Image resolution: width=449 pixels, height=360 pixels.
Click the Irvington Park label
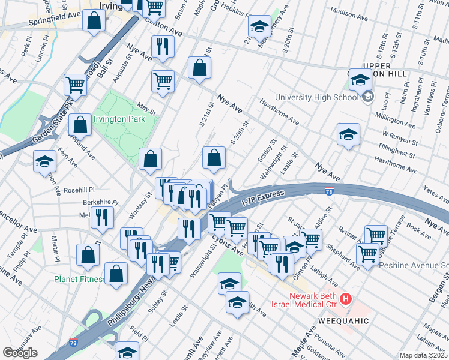pos(124,119)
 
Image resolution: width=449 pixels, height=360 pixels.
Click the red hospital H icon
pos(345,298)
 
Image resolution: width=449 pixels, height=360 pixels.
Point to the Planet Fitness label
pos(79,279)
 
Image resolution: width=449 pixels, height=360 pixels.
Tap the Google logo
pos(20,353)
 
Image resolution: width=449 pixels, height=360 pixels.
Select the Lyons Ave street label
pos(227,242)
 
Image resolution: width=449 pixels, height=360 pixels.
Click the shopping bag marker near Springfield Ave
pos(95,22)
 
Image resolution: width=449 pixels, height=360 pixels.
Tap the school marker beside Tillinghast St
pos(348,136)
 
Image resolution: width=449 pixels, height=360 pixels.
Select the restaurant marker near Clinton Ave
pos(163,47)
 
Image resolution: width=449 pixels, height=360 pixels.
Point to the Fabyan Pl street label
pos(217,197)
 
